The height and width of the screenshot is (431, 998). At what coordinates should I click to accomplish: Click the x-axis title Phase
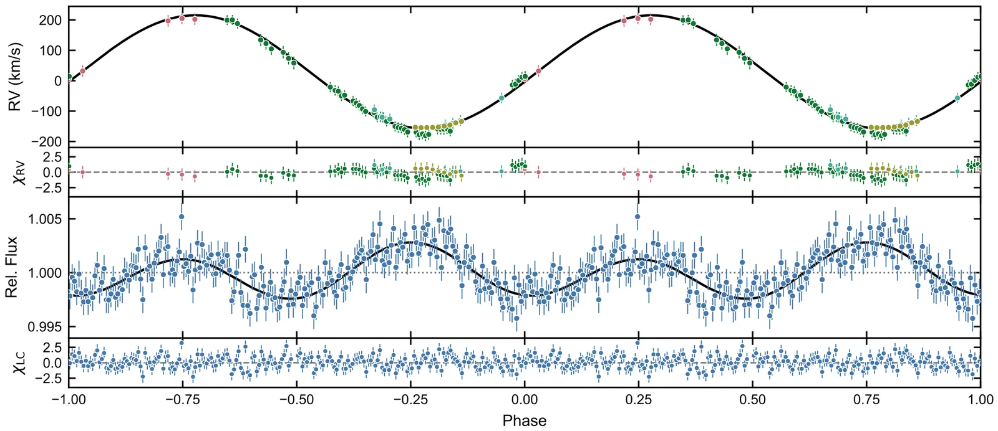524,420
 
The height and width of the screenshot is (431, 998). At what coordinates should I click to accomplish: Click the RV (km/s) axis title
15,77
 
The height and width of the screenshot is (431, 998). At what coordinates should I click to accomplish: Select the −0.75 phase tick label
182,400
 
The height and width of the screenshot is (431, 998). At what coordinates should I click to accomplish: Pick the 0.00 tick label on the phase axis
525,400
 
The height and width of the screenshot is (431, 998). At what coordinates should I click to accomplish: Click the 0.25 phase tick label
638,400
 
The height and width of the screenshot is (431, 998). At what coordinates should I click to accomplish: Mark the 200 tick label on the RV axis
50,21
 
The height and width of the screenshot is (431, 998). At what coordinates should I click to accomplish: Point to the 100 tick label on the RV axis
50,50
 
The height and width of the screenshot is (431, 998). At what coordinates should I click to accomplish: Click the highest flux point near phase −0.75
182,217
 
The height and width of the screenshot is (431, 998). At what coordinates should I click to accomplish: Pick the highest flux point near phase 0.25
637,217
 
